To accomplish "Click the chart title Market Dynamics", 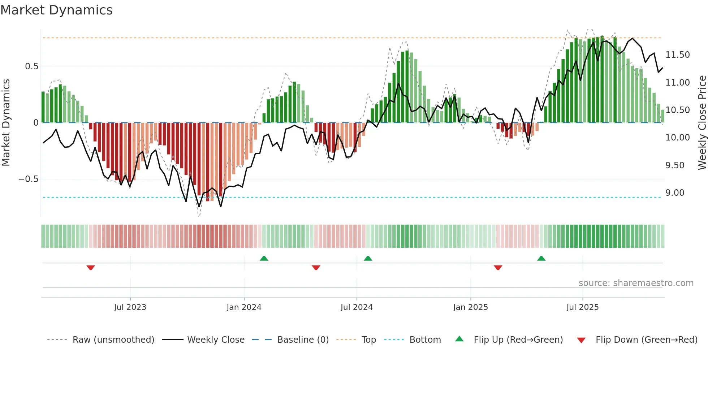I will click(x=57, y=10).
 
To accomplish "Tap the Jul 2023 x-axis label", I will click(x=130, y=307).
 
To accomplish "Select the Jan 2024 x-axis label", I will click(x=244, y=307).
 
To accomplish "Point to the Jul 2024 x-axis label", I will click(x=357, y=307).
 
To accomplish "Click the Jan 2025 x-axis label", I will click(x=470, y=307).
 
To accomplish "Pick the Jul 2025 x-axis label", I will click(x=582, y=307).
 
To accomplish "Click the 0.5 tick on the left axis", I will click(x=31, y=66).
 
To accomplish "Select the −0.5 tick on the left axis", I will click(x=29, y=179).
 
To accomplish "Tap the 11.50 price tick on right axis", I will click(x=677, y=55).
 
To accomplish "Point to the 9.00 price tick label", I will click(x=675, y=193).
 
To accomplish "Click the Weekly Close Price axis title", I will click(x=702, y=123).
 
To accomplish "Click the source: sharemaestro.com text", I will click(x=636, y=283).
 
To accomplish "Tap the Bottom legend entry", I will click(x=425, y=340).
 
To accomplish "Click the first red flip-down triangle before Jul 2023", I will click(x=91, y=268).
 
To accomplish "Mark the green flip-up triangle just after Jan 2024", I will click(x=264, y=258).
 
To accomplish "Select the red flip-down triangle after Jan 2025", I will click(x=498, y=268).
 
